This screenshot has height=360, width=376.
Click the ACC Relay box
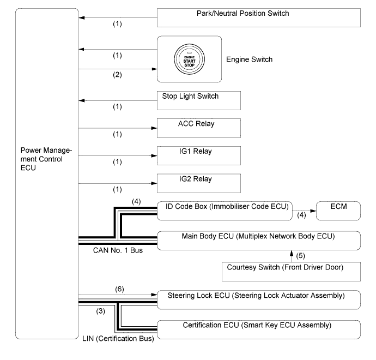pos(199,129)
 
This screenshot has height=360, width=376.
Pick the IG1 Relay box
pos(199,155)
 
